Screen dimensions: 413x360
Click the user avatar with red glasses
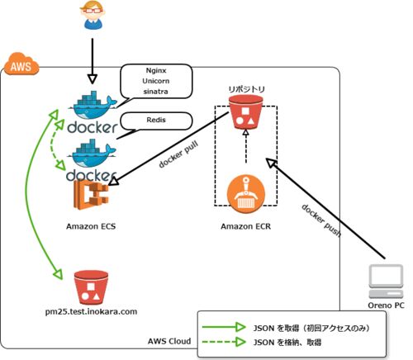click(93, 15)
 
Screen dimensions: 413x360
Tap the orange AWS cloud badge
click(21, 64)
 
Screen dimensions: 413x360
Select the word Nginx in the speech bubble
click(156, 70)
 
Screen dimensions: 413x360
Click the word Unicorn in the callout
click(156, 81)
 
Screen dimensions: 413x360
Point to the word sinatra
click(156, 92)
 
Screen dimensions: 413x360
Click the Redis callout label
click(156, 120)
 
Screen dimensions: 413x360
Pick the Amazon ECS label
click(91, 226)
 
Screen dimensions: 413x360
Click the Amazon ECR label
click(246, 226)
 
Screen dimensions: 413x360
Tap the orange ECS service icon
click(91, 194)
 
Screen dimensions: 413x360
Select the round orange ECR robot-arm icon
click(246, 194)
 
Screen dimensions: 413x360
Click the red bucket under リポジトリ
click(246, 112)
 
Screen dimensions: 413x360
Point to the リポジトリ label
click(246, 89)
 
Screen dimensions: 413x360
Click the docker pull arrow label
click(178, 154)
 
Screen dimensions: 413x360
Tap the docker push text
click(321, 220)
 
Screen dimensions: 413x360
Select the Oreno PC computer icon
click(386, 282)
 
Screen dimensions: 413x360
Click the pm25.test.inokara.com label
click(91, 312)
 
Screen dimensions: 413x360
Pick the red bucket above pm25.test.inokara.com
click(91, 288)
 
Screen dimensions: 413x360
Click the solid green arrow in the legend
click(224, 327)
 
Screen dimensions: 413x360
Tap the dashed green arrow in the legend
click(224, 342)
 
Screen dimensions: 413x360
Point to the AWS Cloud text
click(169, 341)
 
